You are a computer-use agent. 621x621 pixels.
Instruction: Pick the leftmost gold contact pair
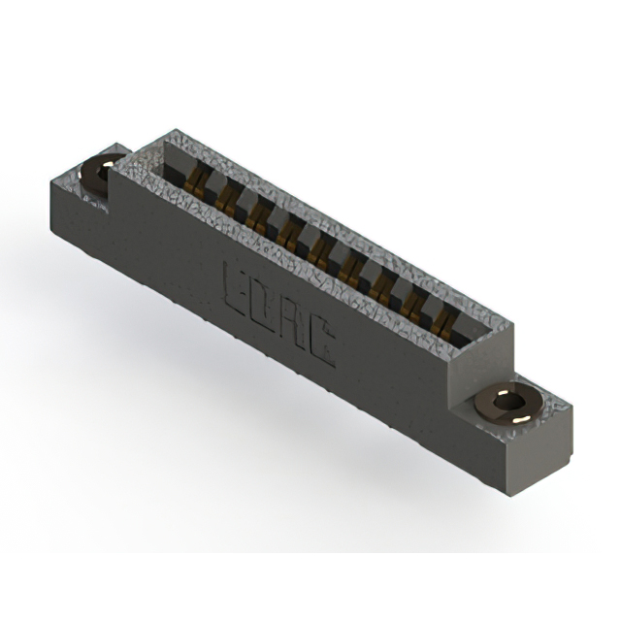(x=195, y=183)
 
